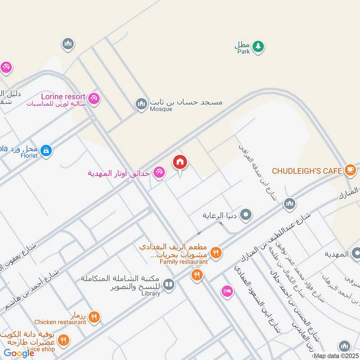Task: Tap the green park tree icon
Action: pyautogui.click(x=258, y=45)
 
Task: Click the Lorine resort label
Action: pyautogui.click(x=63, y=96)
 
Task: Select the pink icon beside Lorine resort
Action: pyautogui.click(x=94, y=98)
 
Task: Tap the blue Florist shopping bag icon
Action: pyautogui.click(x=45, y=151)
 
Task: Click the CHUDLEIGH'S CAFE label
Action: pyautogui.click(x=306, y=171)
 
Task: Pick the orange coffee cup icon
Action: pyautogui.click(x=350, y=170)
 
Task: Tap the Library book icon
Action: pyautogui.click(x=169, y=284)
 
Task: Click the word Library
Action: pyautogui.click(x=151, y=293)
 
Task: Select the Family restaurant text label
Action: pyautogui.click(x=184, y=261)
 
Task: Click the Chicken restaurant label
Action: pyautogui.click(x=60, y=322)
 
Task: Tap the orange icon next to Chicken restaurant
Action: pyautogui.click(x=94, y=318)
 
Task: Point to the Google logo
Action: pyautogui.click(x=19, y=353)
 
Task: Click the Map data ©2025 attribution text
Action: pyautogui.click(x=336, y=356)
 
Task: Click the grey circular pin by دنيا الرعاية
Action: pyautogui.click(x=246, y=215)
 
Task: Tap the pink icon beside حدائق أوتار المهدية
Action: pyautogui.click(x=158, y=172)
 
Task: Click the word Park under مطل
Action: pyautogui.click(x=243, y=51)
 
